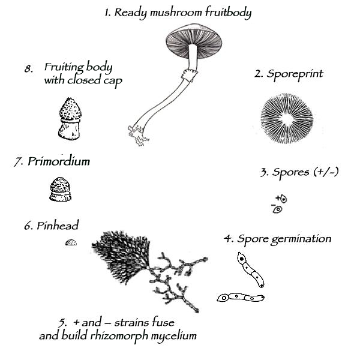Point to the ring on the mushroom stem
tap(188, 75)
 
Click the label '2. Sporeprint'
tap(289, 74)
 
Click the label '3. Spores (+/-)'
tap(299, 172)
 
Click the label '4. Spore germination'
tap(277, 239)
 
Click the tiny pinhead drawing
tap(71, 242)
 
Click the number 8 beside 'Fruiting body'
tap(28, 69)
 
